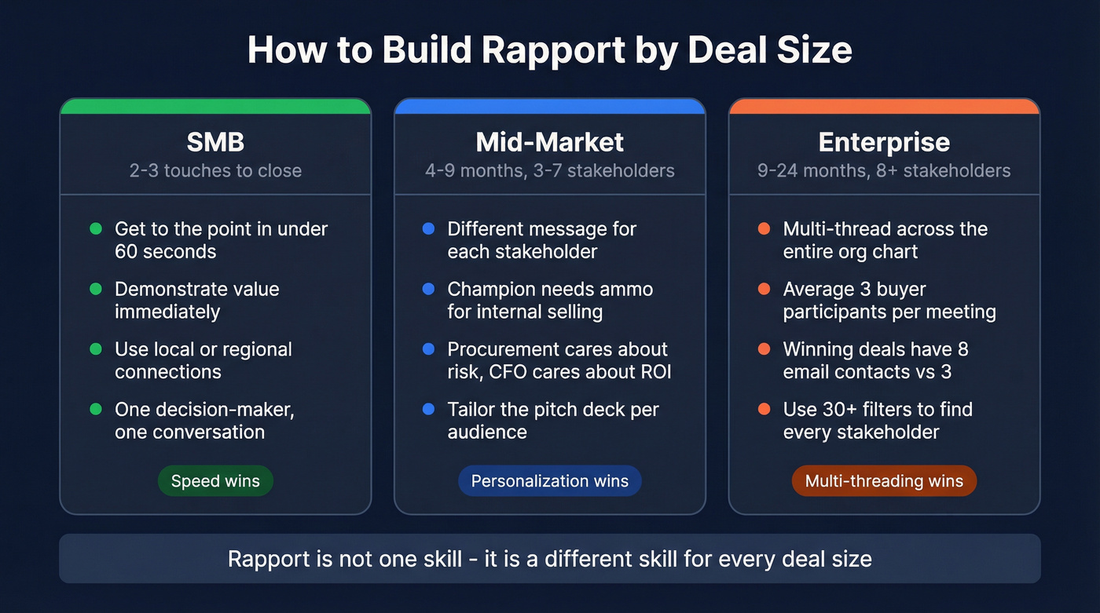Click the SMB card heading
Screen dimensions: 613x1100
[x=215, y=142]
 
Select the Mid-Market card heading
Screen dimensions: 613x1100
[x=549, y=142]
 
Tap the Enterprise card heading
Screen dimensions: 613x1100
[x=884, y=142]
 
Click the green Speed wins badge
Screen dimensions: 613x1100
[x=215, y=481]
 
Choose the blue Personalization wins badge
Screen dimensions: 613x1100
[x=549, y=481]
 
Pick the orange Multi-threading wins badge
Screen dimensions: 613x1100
[x=884, y=481]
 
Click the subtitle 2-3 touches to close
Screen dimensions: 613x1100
[x=215, y=170]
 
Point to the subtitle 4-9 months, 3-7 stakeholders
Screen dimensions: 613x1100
[x=549, y=170]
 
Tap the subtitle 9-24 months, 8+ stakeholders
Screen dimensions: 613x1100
[x=884, y=170]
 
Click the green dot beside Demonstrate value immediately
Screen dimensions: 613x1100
[x=96, y=289]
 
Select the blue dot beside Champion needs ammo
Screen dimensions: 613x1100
[x=428, y=289]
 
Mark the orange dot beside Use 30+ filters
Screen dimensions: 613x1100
[x=764, y=409]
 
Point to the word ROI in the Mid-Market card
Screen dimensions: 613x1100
[x=654, y=371]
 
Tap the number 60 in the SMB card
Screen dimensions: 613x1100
[x=126, y=252]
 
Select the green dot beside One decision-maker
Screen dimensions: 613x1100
[x=96, y=409]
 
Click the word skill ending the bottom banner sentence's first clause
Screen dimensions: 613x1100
[x=442, y=559]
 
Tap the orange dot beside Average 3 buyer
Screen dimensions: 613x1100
[x=764, y=289]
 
